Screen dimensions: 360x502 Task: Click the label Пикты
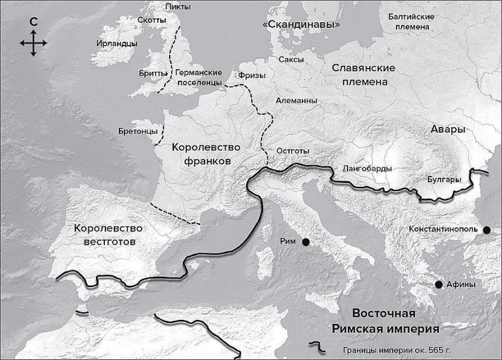point(177,6)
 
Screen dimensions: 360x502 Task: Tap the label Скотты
point(151,20)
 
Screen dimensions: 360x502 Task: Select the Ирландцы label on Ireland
point(116,44)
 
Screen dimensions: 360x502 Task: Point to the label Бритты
point(153,74)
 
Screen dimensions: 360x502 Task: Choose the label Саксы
point(291,59)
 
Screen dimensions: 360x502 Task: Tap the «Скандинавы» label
point(301,24)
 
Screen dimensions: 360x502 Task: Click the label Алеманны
point(297,100)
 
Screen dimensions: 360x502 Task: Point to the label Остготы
point(294,151)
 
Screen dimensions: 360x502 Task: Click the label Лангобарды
point(367,168)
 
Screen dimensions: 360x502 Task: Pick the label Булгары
point(444,180)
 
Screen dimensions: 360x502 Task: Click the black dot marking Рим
point(306,242)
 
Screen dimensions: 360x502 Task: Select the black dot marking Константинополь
point(486,230)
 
